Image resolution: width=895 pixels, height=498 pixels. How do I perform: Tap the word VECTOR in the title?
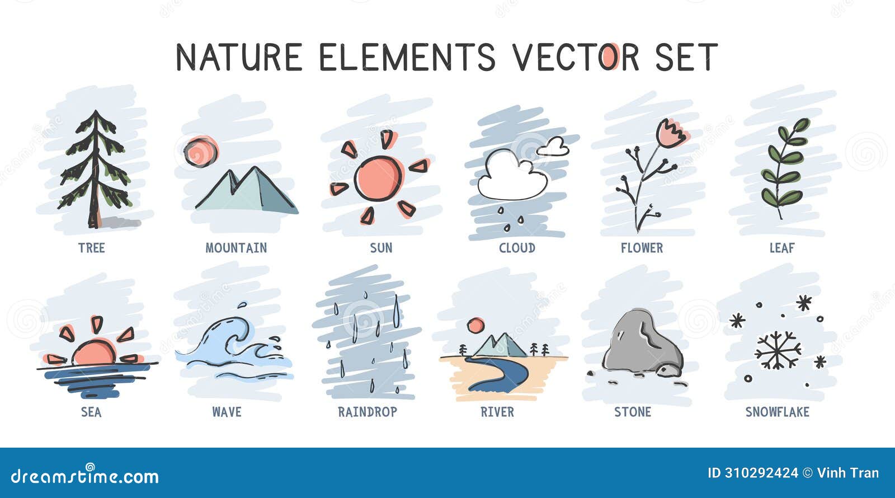coord(576,57)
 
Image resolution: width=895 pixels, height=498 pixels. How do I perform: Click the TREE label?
coord(91,248)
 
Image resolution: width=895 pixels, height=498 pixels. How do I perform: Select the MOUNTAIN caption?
coord(236,248)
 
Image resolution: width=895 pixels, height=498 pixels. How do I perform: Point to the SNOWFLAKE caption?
coord(777,412)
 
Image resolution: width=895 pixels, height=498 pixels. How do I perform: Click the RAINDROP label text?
coord(368,412)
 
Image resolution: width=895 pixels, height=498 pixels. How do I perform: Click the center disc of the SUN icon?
coord(379,178)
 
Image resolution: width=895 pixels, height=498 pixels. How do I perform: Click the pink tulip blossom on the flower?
coord(671,133)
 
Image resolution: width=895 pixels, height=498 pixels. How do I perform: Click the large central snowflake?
coord(778,351)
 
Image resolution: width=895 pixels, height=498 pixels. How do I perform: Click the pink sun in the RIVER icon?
coord(475,325)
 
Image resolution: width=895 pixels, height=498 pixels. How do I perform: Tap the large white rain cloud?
coord(510,176)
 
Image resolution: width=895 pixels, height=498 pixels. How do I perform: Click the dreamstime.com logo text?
coord(85,476)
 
